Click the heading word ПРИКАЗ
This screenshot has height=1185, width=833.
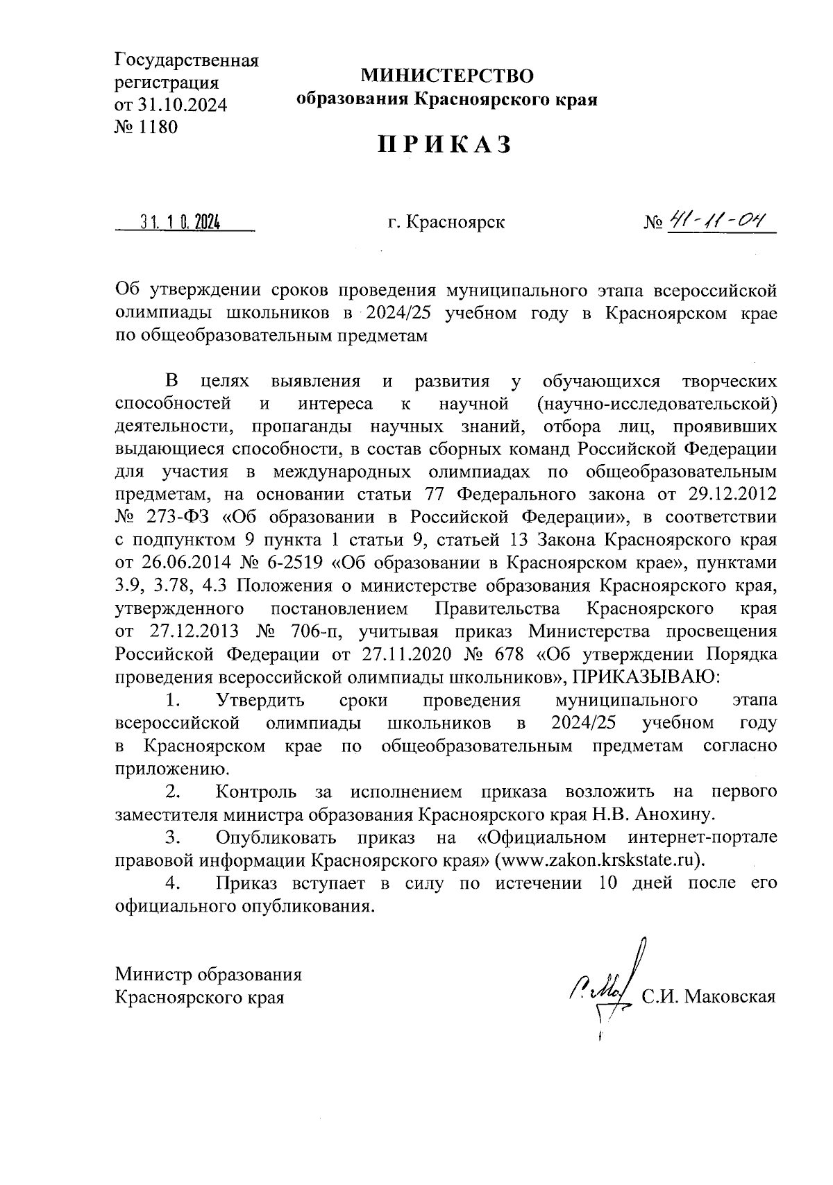pyautogui.click(x=445, y=144)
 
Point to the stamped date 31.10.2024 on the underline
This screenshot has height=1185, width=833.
pyautogui.click(x=179, y=223)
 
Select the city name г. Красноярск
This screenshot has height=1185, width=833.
pyautogui.click(x=446, y=223)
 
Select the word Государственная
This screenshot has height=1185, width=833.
pyautogui.click(x=187, y=60)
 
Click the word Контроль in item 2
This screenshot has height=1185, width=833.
pyautogui.click(x=256, y=792)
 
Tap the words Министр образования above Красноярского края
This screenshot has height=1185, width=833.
pyautogui.click(x=208, y=974)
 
